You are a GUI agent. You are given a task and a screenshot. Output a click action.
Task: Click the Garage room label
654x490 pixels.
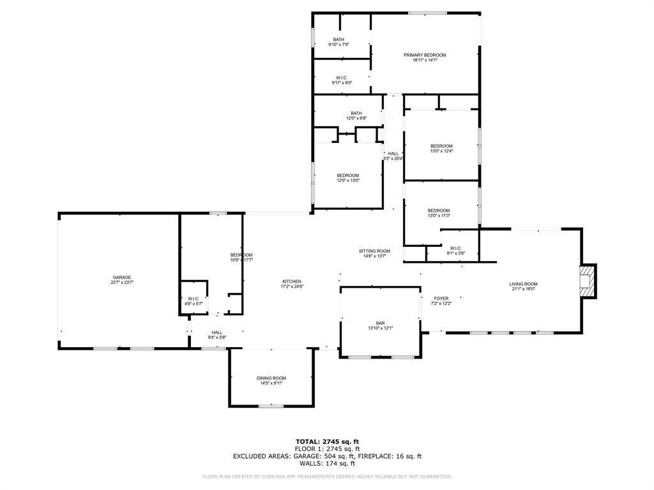pyautogui.click(x=122, y=278)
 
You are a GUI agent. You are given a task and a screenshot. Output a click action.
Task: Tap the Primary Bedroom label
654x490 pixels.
pyautogui.click(x=425, y=55)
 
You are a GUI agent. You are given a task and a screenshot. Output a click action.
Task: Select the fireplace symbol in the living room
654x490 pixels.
pyautogui.click(x=587, y=281)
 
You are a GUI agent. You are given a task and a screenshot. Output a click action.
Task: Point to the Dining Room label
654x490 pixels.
pyautogui.click(x=271, y=378)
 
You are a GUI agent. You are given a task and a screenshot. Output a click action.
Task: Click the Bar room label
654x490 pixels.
pyautogui.click(x=380, y=323)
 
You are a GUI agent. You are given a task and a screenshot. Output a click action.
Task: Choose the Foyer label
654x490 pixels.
pyautogui.click(x=441, y=298)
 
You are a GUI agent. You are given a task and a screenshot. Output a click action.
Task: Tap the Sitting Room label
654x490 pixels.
pyautogui.click(x=374, y=251)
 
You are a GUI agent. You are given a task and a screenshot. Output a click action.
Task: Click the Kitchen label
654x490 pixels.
pyautogui.click(x=292, y=281)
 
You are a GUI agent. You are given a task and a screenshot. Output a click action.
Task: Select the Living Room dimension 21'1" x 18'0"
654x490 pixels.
pyautogui.click(x=523, y=289)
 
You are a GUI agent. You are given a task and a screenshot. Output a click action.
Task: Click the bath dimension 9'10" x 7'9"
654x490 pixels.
pyautogui.click(x=338, y=45)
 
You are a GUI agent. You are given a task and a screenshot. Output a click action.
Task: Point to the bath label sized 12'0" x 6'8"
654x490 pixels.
pyautogui.click(x=356, y=113)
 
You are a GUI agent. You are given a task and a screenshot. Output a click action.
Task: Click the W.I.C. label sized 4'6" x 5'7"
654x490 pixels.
pyautogui.click(x=194, y=299)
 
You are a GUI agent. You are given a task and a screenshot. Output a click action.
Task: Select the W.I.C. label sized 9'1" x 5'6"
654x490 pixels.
pyautogui.click(x=456, y=248)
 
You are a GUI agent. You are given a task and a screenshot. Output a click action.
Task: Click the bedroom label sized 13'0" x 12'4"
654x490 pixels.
pyautogui.click(x=441, y=146)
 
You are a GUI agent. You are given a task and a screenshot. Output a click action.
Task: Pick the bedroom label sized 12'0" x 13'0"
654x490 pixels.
pyautogui.click(x=348, y=175)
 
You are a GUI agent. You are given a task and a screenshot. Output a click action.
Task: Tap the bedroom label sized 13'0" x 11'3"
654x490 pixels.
pyautogui.click(x=439, y=211)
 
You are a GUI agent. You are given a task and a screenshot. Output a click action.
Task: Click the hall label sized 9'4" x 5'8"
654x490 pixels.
pyautogui.click(x=217, y=332)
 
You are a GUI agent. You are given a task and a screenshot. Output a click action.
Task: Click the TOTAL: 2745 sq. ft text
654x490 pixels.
pyautogui.click(x=327, y=442)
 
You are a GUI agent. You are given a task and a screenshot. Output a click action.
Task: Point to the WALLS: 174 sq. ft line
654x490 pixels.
pyautogui.click(x=327, y=464)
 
